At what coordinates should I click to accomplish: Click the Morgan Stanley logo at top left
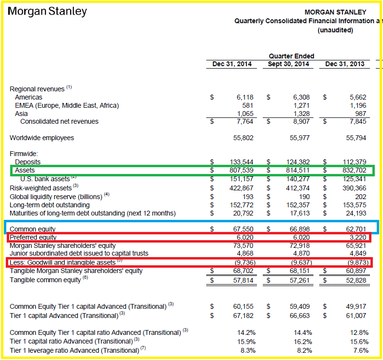[47, 12]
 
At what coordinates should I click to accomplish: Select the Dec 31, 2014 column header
[232, 64]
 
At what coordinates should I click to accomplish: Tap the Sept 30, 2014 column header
[288, 64]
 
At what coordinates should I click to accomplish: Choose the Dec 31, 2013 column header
[345, 64]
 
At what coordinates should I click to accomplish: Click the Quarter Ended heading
[291, 56]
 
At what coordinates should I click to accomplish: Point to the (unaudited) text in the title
[335, 30]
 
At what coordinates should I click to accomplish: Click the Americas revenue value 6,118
[245, 97]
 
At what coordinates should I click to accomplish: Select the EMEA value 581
[248, 105]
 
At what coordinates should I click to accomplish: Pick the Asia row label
[21, 114]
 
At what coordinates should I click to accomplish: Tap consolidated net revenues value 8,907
[301, 121]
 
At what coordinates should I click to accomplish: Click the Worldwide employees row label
[42, 138]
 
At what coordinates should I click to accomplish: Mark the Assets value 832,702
[354, 170]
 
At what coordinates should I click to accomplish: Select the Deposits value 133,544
[241, 162]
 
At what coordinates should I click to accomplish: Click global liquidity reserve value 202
[360, 197]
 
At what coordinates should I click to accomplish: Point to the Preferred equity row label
[33, 237]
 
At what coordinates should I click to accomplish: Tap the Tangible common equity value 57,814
[243, 280]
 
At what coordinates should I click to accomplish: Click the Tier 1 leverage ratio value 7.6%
[361, 350]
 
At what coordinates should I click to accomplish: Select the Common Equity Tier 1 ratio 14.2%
[246, 332]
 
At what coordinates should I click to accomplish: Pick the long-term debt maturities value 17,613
[300, 213]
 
